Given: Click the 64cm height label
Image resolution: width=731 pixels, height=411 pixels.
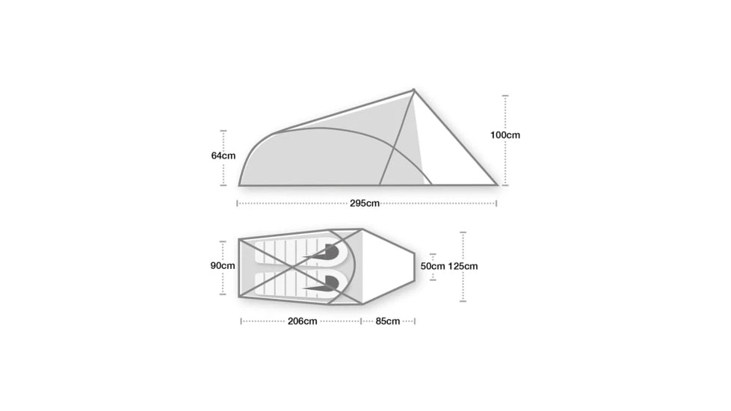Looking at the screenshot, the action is point(223,155).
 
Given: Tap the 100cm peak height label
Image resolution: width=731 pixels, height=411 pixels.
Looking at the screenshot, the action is point(505,135).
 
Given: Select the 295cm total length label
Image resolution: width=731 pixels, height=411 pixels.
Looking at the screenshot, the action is point(365,203).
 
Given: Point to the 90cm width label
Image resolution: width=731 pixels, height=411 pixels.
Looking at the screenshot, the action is point(223,265).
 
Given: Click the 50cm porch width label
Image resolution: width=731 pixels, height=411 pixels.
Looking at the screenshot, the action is point(433,266).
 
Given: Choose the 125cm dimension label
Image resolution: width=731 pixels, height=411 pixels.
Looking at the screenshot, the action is point(463,266).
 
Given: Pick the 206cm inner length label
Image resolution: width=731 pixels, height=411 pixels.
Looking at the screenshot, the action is point(302,321).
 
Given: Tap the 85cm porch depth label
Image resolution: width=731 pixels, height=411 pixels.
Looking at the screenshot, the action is point(387,321).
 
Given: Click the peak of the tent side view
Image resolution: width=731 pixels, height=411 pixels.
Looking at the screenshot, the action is point(413,90).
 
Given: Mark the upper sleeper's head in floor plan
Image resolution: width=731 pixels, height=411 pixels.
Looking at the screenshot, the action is point(330,252).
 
